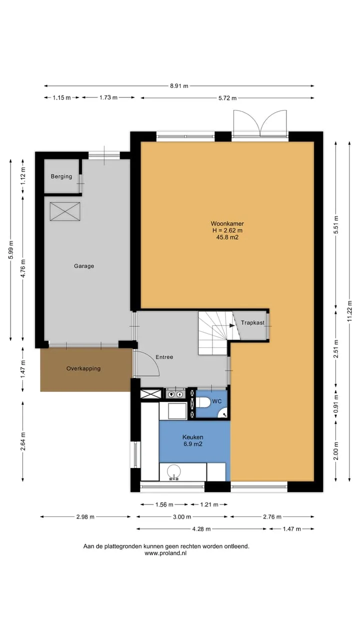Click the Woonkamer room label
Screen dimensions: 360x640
pyautogui.click(x=227, y=223)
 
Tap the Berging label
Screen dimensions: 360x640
pyautogui.click(x=61, y=176)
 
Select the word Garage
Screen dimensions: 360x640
pyautogui.click(x=84, y=266)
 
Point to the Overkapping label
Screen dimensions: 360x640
pyautogui.click(x=83, y=368)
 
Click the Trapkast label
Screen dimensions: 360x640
pyautogui.click(x=252, y=322)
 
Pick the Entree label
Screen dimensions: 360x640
pyautogui.click(x=164, y=357)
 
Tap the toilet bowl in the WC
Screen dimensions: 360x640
pyautogui.click(x=203, y=402)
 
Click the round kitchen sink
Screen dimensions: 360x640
pyautogui.click(x=173, y=470)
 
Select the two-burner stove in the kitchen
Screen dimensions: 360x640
pyautogui.click(x=175, y=394)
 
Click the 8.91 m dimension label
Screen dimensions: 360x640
pyautogui.click(x=179, y=85)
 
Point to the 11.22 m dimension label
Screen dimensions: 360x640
pyautogui.click(x=349, y=311)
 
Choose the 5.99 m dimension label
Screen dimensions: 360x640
pyautogui.click(x=11, y=250)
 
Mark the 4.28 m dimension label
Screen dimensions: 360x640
pyautogui.click(x=201, y=529)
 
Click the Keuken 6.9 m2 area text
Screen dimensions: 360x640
pyautogui.click(x=193, y=440)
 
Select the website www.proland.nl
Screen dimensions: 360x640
pyautogui.click(x=165, y=553)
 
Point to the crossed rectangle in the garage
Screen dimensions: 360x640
pyautogui.click(x=65, y=211)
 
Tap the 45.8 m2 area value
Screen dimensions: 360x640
pyautogui.click(x=227, y=237)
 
